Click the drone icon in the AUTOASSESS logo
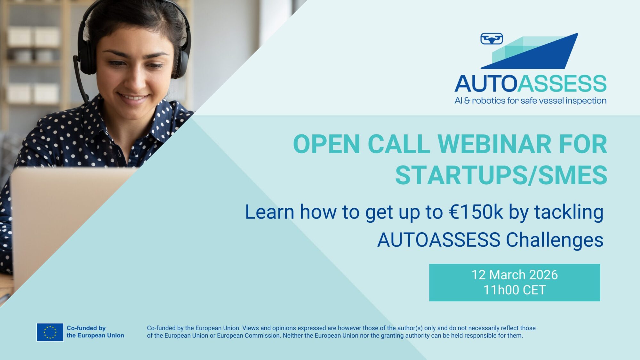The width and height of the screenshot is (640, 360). [492, 39]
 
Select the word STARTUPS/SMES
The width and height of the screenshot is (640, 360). [501, 175]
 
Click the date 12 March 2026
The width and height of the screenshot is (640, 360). [515, 275]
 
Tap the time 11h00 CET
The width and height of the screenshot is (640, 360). [515, 290]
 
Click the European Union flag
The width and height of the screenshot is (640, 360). [50, 332]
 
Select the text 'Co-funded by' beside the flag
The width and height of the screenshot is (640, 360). [86, 328]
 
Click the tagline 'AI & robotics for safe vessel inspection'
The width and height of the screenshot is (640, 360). [530, 101]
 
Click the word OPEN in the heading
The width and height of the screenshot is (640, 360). [327, 144]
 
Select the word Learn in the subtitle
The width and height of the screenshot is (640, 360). [269, 212]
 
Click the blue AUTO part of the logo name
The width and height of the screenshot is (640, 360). [486, 84]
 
